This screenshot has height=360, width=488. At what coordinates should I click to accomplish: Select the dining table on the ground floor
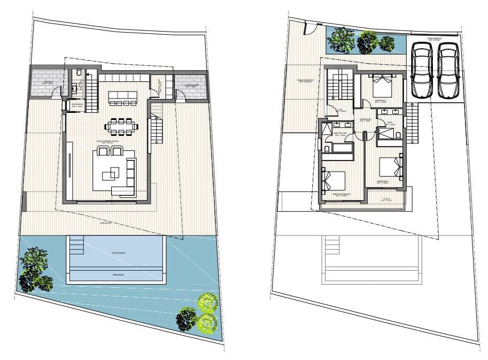pyautogui.click(x=122, y=126)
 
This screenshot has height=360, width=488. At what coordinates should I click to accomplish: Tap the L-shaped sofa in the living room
pyautogui.click(x=128, y=177)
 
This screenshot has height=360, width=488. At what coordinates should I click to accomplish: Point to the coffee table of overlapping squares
pyautogui.click(x=112, y=172)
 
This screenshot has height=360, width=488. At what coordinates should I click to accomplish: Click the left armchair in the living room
pyautogui.click(x=104, y=151)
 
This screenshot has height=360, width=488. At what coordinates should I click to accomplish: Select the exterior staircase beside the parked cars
pyautogui.click(x=413, y=120)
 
